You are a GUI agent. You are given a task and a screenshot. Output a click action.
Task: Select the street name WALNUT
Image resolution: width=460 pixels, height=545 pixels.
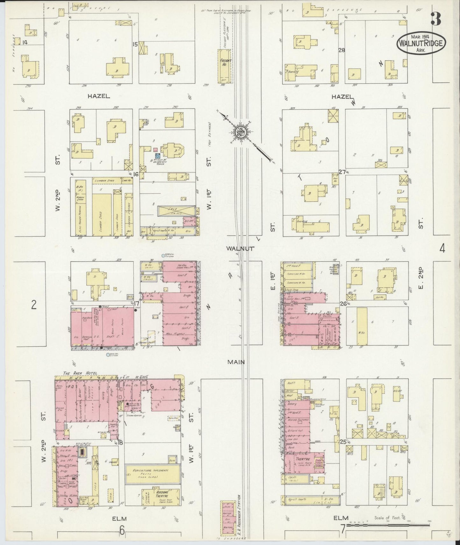241,248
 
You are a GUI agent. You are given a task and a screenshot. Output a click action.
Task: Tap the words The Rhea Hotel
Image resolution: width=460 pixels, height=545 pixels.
80,373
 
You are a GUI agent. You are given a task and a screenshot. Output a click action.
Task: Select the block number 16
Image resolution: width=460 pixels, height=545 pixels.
136,174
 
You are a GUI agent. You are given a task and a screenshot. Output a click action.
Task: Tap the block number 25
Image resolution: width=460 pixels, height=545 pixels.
343,442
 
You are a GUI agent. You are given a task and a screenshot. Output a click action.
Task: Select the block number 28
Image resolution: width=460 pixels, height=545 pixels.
342,50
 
